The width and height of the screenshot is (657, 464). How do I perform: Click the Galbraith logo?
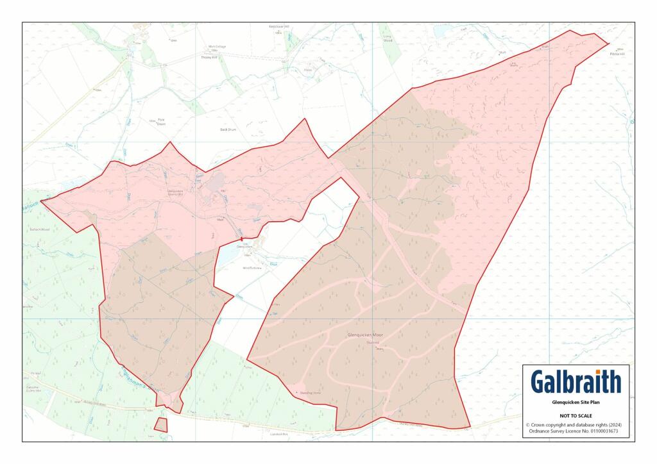576,382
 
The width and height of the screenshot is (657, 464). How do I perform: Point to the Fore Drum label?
161,122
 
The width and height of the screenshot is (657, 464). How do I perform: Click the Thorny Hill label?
210,57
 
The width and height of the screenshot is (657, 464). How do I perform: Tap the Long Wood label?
387,39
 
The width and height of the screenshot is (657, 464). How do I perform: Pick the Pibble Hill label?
620,53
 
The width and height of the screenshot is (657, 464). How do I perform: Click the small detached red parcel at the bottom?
160,424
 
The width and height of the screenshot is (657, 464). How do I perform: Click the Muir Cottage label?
216,47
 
